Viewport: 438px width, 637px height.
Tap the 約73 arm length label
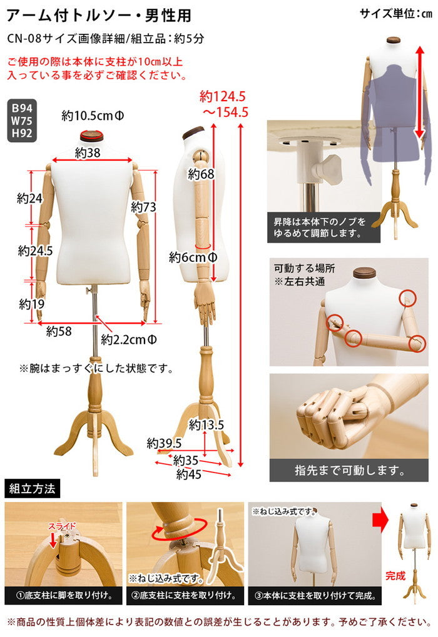point(143,206)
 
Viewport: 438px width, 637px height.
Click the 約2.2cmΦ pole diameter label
point(129,339)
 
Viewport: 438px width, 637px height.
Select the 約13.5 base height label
point(206,425)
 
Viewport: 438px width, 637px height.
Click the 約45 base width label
point(188,474)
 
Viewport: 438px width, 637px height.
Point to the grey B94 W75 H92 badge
point(22,119)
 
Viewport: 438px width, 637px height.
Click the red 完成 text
point(395,575)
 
